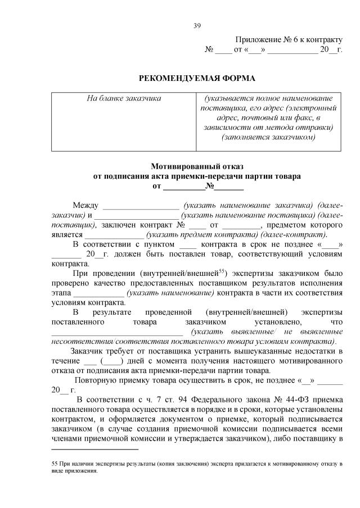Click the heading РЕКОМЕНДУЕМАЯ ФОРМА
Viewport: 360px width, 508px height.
pyautogui.click(x=197, y=78)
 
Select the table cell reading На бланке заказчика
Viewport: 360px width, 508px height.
pyautogui.click(x=124, y=98)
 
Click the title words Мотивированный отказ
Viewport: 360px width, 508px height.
pyautogui.click(x=197, y=166)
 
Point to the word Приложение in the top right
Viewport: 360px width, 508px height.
pyautogui.click(x=264, y=39)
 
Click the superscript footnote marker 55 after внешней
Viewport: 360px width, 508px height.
pyautogui.click(x=222, y=270)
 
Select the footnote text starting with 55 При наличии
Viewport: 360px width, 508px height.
pyautogui.click(x=197, y=468)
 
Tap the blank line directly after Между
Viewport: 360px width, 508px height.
pyautogui.click(x=137, y=205)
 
